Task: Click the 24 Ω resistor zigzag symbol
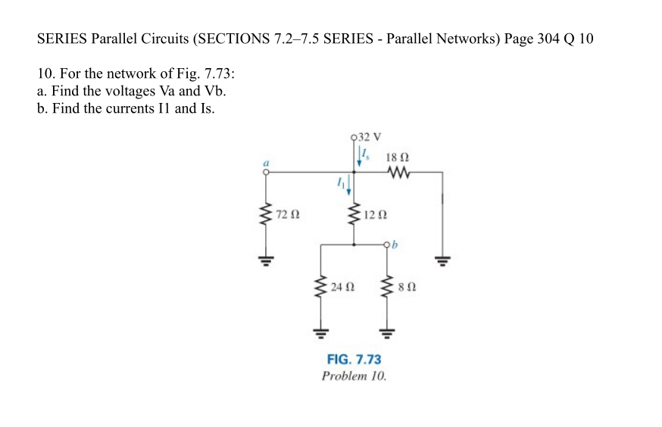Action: click(x=321, y=288)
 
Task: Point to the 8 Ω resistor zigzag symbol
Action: click(x=387, y=288)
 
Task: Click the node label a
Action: click(x=266, y=161)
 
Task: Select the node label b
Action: click(x=395, y=245)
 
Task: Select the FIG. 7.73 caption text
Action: click(x=354, y=360)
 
